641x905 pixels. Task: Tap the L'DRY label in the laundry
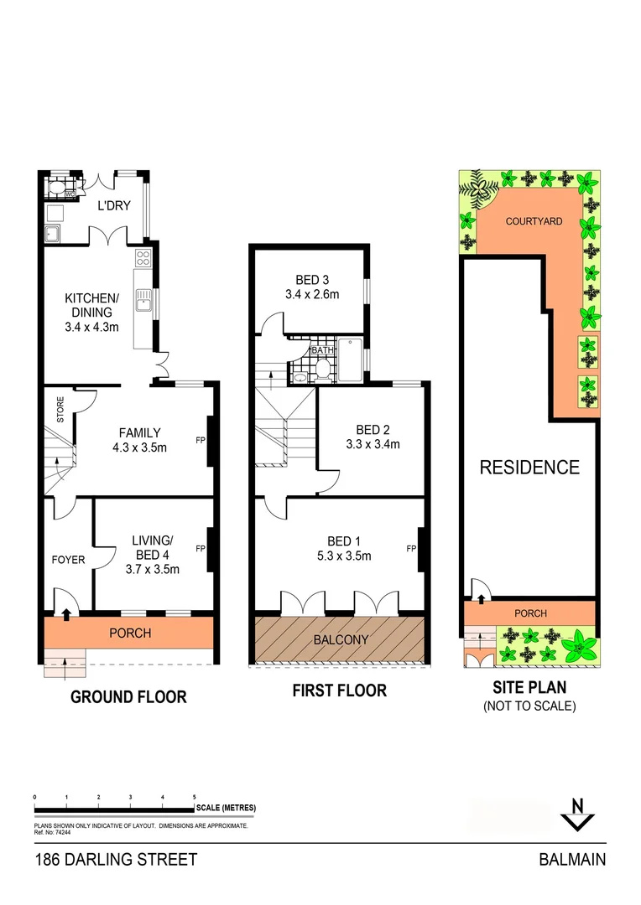(114, 206)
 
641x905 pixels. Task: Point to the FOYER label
(68, 560)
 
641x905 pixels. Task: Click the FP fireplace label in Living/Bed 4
(201, 549)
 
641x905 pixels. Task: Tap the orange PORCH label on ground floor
(130, 633)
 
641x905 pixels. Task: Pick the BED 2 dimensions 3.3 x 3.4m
(372, 444)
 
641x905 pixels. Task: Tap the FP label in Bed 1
(411, 549)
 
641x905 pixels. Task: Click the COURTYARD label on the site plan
(533, 222)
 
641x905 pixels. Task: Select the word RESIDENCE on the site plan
(529, 468)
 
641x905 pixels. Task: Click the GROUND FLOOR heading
(128, 697)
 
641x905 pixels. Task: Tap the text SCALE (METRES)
(226, 808)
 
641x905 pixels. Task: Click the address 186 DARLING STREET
(116, 860)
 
